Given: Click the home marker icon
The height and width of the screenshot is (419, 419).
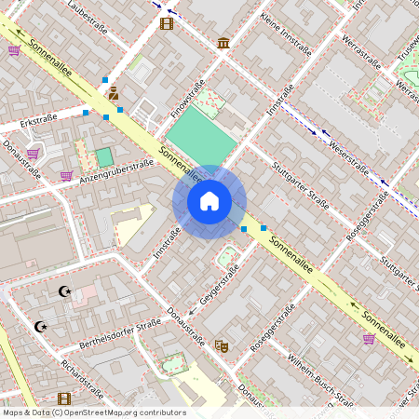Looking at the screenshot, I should point(209,201).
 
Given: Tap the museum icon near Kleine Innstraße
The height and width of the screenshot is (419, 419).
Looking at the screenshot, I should point(223,42).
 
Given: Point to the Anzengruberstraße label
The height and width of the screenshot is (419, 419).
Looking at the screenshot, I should point(116,169).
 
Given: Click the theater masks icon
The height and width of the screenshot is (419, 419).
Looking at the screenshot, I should point(221,345).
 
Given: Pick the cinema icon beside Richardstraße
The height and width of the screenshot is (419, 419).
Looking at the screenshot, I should point(63,399).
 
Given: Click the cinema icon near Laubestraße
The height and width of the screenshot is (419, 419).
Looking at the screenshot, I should point(167,23).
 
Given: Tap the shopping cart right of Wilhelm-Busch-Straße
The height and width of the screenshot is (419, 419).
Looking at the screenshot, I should point(369,338).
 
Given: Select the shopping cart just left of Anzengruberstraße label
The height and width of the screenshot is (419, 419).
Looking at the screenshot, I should point(66,175).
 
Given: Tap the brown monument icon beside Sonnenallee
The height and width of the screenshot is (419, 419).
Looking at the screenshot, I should point(113,93).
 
